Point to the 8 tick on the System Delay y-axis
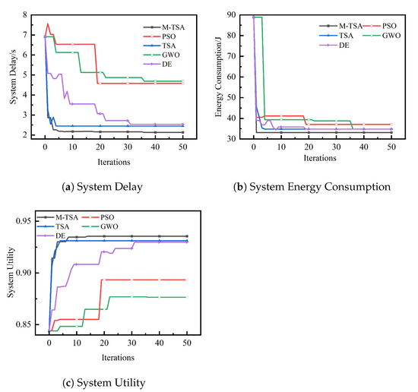click(x=27, y=15)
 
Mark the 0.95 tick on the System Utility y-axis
click(x=23, y=221)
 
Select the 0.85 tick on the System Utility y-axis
click(x=23, y=324)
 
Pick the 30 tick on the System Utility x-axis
click(x=131, y=346)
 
